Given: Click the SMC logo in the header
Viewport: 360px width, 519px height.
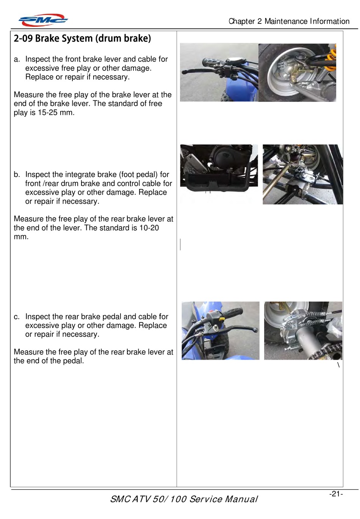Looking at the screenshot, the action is point(43,20).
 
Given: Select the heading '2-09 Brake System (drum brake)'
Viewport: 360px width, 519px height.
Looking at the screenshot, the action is point(82,39).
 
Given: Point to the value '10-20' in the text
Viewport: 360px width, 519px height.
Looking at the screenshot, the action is point(149,228).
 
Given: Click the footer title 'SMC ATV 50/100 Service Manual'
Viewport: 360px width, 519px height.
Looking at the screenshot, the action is point(184,499).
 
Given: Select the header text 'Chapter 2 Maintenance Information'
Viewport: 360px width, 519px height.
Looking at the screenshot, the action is point(289,21).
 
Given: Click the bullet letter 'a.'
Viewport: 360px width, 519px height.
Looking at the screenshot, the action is point(17,59).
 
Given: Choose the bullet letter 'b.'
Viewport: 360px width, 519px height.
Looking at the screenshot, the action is point(17,175).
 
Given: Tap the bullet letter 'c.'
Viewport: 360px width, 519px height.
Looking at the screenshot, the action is point(17,317).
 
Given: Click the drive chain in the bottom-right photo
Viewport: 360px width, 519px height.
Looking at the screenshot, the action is point(328,350).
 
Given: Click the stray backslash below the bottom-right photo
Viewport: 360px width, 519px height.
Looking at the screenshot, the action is point(338,365).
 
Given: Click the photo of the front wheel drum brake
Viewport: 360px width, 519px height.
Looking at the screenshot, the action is point(297,72).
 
